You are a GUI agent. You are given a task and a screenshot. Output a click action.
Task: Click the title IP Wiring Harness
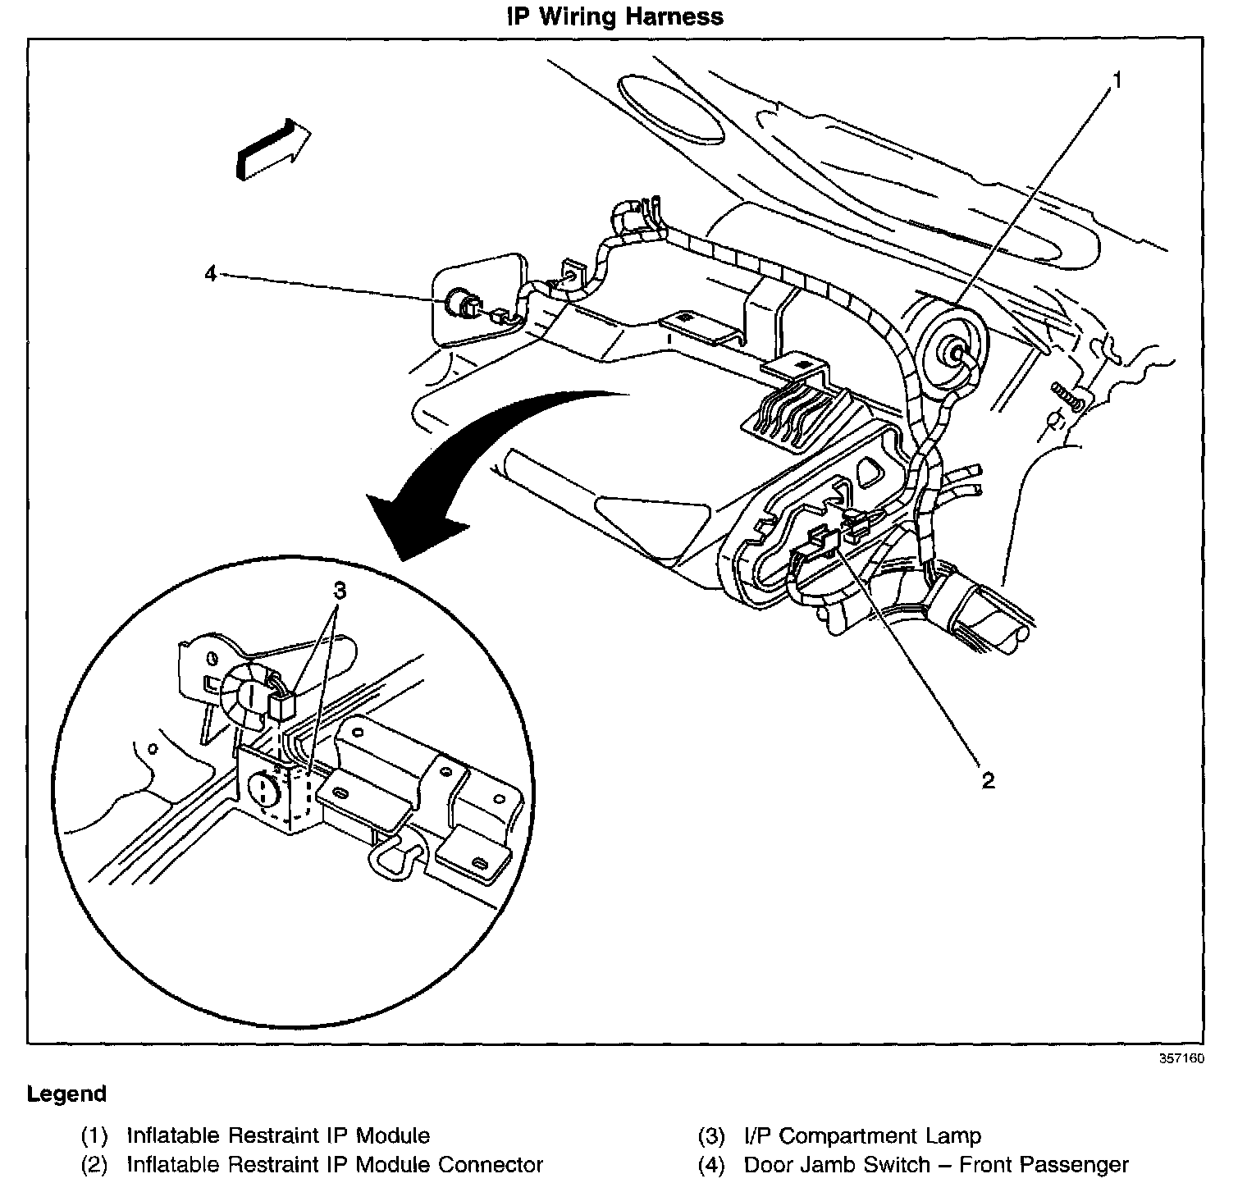coord(614,16)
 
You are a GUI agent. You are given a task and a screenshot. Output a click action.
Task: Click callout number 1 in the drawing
coord(1117,80)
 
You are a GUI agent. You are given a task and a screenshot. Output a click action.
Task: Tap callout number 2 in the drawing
coord(988,780)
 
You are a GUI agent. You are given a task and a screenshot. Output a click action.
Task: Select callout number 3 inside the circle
coord(339,591)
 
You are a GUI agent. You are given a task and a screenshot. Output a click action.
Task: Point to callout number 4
coord(211,273)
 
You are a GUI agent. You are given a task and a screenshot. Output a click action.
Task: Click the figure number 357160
coord(1181,1058)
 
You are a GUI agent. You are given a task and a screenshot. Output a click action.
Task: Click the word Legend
coord(66,1094)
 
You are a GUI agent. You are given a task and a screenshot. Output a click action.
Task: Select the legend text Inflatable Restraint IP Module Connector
coord(335,1164)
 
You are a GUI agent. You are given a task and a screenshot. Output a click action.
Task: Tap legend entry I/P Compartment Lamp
coord(862,1136)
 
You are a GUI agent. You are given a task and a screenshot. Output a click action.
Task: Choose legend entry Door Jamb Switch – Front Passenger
coord(936,1164)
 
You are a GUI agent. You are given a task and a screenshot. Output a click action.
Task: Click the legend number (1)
coord(94,1136)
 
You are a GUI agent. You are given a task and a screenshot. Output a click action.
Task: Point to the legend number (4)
coord(711,1164)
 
